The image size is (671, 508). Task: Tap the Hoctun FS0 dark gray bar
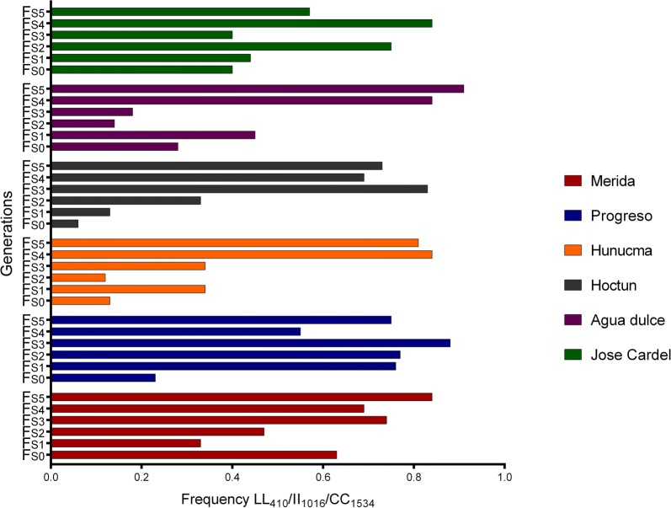(65, 223)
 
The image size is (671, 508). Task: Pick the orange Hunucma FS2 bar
(78, 277)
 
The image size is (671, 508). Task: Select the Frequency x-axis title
(278, 498)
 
